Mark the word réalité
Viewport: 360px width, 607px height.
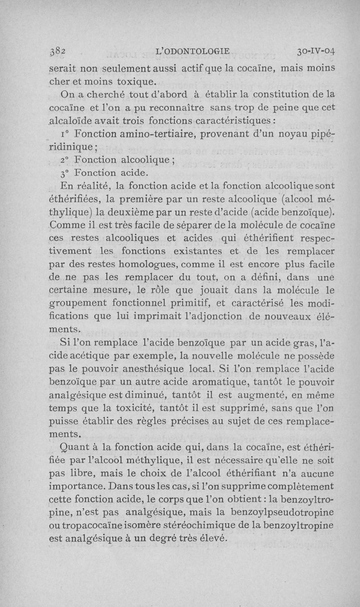click(97, 186)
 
